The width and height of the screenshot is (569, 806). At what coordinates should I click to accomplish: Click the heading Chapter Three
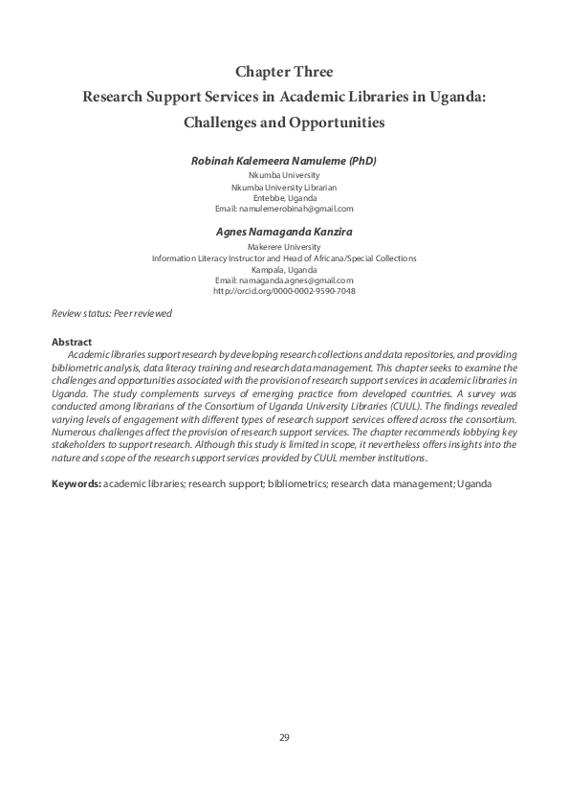pos(284,71)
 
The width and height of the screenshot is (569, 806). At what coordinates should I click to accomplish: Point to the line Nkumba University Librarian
pos(284,188)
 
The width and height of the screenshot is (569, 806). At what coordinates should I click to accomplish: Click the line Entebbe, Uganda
pos(284,198)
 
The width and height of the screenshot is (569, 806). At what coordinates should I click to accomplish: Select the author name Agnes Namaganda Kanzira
pos(284,231)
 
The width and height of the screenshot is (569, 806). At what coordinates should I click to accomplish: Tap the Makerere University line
pos(284,247)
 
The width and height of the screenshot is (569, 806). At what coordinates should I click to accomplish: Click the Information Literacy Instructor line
pos(284,258)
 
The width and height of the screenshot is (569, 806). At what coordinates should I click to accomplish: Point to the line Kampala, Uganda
pos(284,270)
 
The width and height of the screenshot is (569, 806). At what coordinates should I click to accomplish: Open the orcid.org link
pos(284,291)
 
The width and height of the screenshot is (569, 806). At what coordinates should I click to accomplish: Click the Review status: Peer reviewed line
pos(112,314)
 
